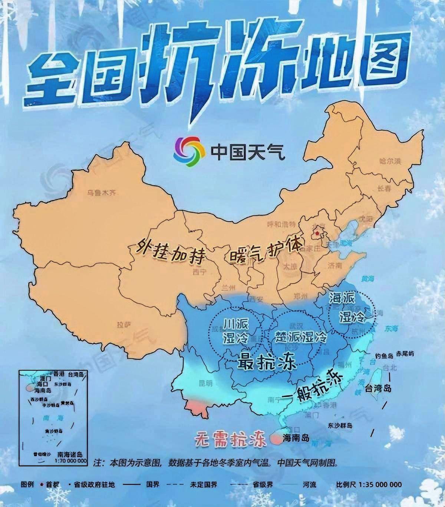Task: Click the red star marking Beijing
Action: click(317, 233)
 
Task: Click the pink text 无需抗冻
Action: click(231, 440)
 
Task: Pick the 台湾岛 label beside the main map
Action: click(378, 389)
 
